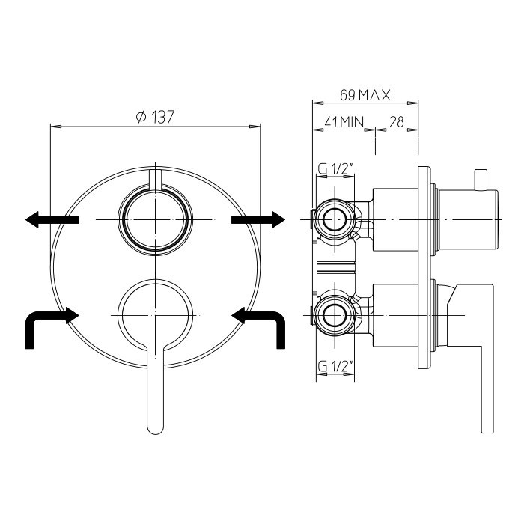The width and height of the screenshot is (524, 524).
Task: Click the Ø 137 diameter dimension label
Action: [x=156, y=117]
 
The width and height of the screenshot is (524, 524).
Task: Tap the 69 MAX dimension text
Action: [x=365, y=95]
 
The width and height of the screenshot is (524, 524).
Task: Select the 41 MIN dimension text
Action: [x=344, y=121]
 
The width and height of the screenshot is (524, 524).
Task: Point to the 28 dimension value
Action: [x=396, y=121]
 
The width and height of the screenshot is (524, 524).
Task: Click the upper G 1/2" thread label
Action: [x=335, y=169]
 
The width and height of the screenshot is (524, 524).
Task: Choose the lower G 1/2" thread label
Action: [x=335, y=367]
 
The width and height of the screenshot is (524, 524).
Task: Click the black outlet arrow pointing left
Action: [x=52, y=219]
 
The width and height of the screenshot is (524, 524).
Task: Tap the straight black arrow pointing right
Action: [x=258, y=219]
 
